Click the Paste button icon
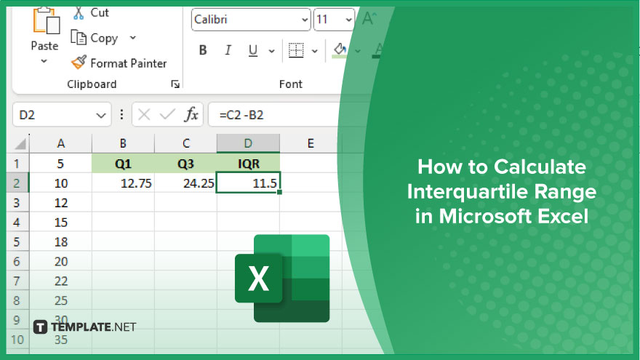(x=46, y=20)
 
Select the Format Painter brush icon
(x=79, y=63)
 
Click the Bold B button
(x=203, y=50)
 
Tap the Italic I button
(x=228, y=50)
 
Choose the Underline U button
(x=252, y=50)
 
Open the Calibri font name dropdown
(x=251, y=20)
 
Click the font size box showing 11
(x=334, y=20)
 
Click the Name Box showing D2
(x=62, y=115)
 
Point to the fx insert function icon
(x=191, y=115)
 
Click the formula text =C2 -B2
(x=241, y=115)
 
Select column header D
(x=248, y=143)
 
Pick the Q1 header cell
(x=123, y=163)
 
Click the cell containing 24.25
(x=185, y=183)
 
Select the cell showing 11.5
(x=248, y=183)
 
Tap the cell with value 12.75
(x=123, y=183)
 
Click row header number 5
(x=17, y=241)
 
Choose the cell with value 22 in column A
(x=61, y=281)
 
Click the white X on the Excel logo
(x=258, y=279)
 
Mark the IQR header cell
(x=248, y=163)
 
